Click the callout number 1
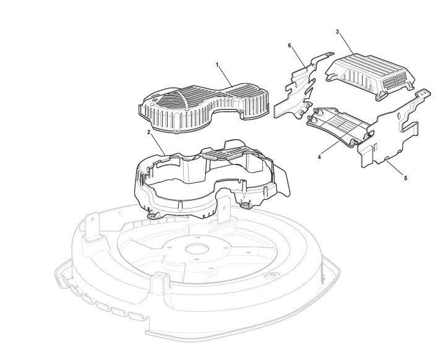click(218, 65)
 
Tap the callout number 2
click(149, 132)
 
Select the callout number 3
click(337, 31)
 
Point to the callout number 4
click(319, 157)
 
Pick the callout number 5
click(406, 178)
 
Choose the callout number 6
click(290, 46)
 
